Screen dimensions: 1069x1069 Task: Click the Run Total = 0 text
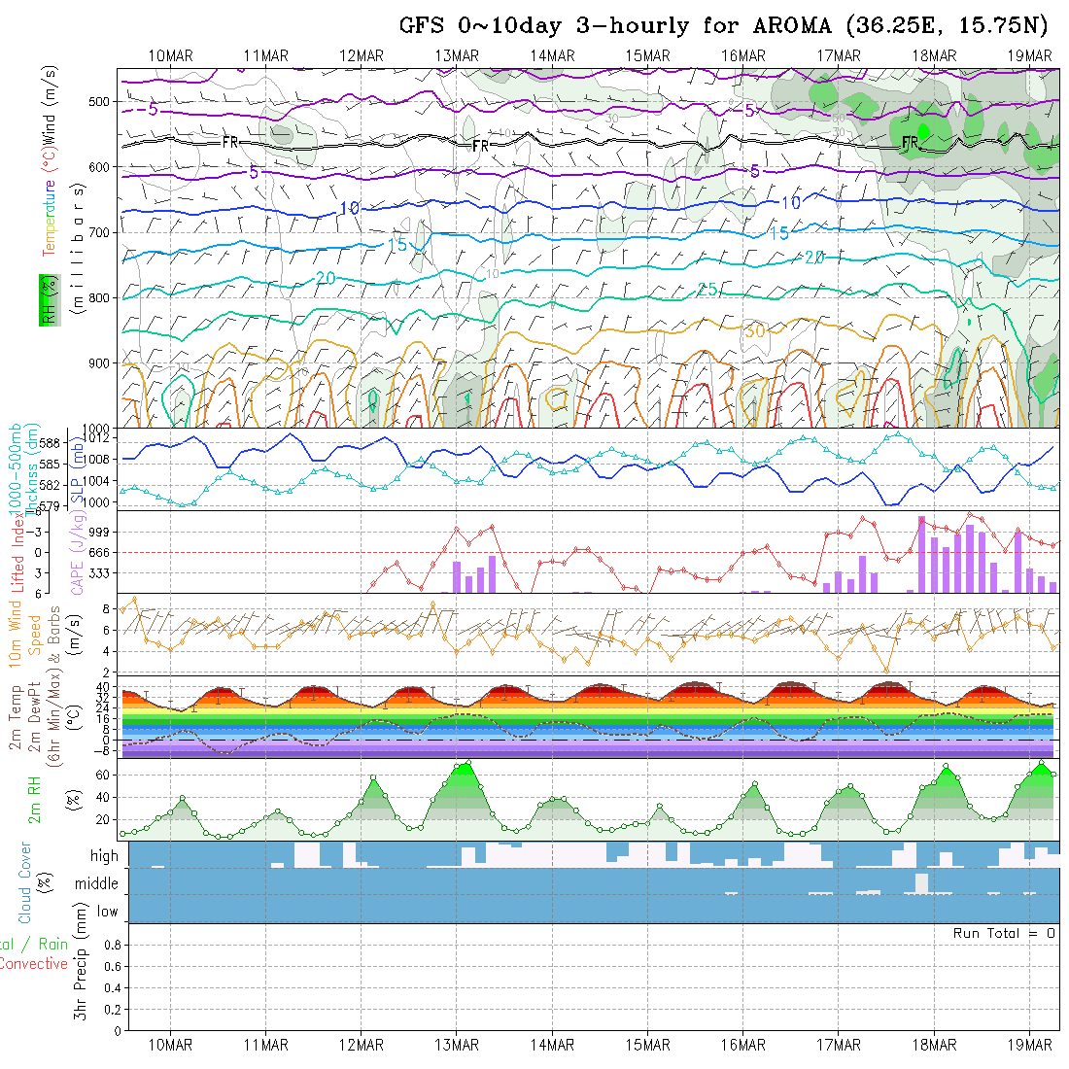tap(1004, 933)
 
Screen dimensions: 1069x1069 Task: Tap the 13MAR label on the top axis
tap(457, 54)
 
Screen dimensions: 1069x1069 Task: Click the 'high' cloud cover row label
tap(104, 856)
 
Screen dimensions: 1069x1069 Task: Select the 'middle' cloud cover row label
tap(97, 883)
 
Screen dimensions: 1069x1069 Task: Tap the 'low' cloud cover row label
tap(107, 912)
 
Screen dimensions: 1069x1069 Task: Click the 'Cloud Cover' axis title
tap(24, 882)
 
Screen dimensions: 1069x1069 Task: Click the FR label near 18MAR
tap(910, 143)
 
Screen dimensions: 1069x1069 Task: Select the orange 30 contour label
tap(754, 331)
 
